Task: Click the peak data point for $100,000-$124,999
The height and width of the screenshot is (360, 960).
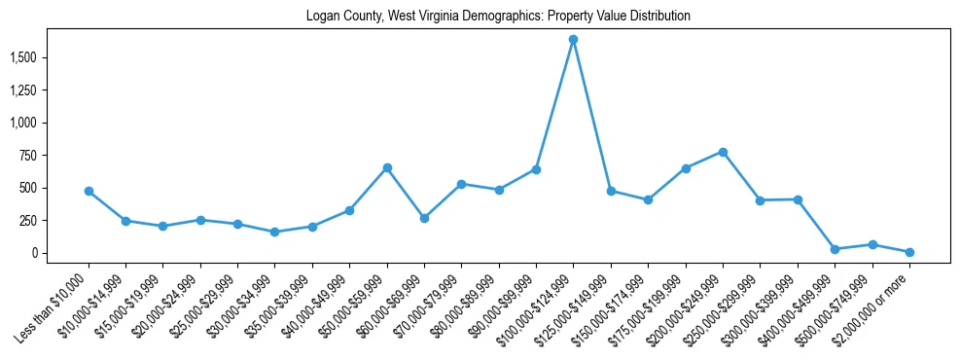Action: (574, 40)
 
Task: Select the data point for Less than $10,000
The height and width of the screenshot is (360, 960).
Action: (89, 191)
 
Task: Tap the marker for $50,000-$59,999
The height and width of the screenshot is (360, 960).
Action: (387, 167)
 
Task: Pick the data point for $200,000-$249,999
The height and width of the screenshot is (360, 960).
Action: (723, 152)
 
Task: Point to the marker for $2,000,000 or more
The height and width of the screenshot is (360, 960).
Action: (909, 252)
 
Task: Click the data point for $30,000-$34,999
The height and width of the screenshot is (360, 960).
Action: (275, 232)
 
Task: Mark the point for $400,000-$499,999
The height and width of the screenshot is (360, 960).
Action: (835, 249)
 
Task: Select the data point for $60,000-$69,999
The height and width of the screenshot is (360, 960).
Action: (424, 218)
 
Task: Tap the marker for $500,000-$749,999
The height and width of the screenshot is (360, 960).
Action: (872, 244)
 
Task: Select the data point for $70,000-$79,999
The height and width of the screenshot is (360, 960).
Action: (462, 184)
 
